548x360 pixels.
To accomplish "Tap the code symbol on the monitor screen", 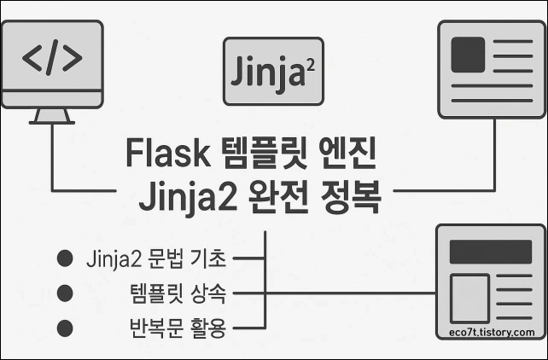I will click(x=52, y=61).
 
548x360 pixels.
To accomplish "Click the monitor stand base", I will click(x=52, y=120).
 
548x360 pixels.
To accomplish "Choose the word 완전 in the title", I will click(x=279, y=200).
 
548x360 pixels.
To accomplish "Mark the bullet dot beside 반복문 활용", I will click(x=62, y=327).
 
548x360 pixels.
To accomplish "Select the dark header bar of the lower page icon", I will click(x=489, y=252).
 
